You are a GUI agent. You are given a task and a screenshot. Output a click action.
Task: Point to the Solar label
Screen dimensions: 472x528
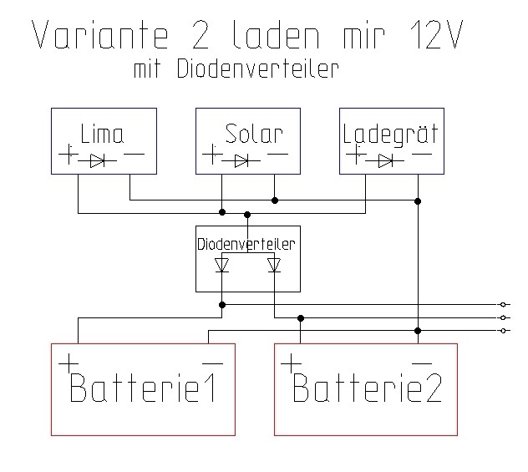[254, 134]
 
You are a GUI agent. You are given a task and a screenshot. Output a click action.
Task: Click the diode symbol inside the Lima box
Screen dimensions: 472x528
[99, 158]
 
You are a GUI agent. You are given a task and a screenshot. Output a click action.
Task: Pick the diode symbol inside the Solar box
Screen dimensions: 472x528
[242, 160]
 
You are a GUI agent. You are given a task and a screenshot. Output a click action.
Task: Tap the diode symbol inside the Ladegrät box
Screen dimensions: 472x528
[387, 159]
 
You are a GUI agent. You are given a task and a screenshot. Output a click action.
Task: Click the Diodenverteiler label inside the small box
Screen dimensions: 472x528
[247, 245]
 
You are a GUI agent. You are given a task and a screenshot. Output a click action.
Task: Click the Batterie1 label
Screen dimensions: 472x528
[142, 388]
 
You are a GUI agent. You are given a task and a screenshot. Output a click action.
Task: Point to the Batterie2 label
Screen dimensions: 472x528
[366, 388]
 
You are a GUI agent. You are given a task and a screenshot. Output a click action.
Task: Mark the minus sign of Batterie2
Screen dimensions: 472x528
[421, 363]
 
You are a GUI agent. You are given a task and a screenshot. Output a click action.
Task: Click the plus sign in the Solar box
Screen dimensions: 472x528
[213, 155]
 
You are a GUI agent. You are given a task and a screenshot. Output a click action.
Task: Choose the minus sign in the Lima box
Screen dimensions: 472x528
[134, 154]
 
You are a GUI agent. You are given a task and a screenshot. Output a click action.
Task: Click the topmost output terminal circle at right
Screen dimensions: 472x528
[502, 304]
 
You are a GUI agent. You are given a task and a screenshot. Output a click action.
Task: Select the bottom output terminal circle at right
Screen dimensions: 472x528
[502, 330]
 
